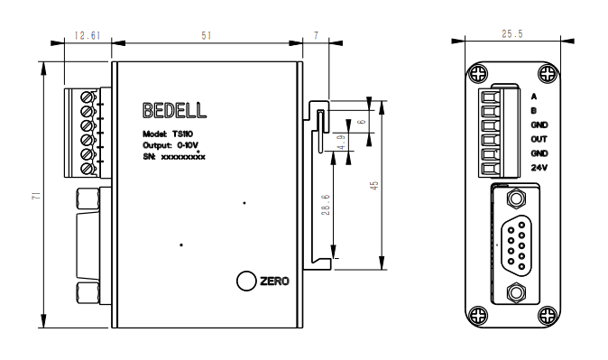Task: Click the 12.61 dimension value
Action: pos(88,36)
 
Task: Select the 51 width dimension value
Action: pos(207,36)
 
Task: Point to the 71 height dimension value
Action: pos(36,196)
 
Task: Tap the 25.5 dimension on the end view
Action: pos(512,33)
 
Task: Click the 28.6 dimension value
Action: pos(326,205)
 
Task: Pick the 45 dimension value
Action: pos(374,186)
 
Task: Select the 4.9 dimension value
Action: pos(341,143)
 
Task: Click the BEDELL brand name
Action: pos(174,111)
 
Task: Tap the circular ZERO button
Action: pos(246,281)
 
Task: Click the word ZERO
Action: pos(274,281)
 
